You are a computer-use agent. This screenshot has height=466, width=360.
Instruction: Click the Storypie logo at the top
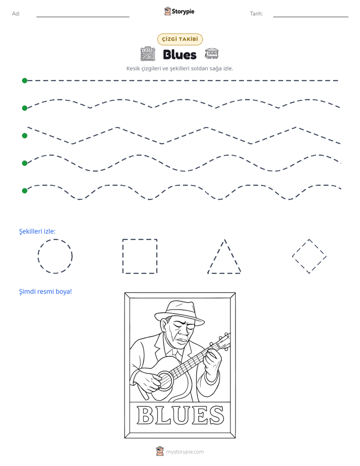pyautogui.click(x=179, y=11)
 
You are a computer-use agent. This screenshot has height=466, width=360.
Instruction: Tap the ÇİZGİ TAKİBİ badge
pyautogui.click(x=180, y=39)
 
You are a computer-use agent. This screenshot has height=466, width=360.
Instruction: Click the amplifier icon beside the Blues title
pyautogui.click(x=148, y=54)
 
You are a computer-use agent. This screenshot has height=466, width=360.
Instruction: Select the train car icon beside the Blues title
pyautogui.click(x=211, y=53)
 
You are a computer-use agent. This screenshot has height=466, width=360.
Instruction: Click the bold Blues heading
pyautogui.click(x=179, y=54)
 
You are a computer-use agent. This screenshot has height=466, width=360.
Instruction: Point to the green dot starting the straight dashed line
pyautogui.click(x=25, y=81)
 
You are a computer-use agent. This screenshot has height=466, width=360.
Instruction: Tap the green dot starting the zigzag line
pyautogui.click(x=25, y=136)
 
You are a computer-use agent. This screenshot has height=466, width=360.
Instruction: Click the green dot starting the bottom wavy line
pyautogui.click(x=25, y=191)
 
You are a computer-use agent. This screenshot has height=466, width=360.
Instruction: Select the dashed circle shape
pyautogui.click(x=38, y=256)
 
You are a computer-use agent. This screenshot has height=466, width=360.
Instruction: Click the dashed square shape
pyautogui.click(x=123, y=256)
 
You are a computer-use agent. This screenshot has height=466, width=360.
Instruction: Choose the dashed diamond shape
pyautogui.click(x=301, y=248)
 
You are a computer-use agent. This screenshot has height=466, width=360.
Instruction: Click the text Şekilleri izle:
pyautogui.click(x=37, y=231)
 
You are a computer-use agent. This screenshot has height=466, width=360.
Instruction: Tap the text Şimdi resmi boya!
pyautogui.click(x=45, y=292)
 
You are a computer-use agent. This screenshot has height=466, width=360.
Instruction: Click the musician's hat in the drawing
pyautogui.click(x=179, y=314)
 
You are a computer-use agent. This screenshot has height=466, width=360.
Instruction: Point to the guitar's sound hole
pyautogui.click(x=165, y=380)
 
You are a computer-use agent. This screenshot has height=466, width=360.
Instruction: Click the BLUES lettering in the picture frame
pyautogui.click(x=180, y=415)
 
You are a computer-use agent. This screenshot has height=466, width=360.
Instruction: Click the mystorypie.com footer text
pyautogui.click(x=185, y=452)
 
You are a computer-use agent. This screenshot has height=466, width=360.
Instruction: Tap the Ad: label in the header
pyautogui.click(x=16, y=14)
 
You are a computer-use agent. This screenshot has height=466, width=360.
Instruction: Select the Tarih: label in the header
pyautogui.click(x=256, y=14)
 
